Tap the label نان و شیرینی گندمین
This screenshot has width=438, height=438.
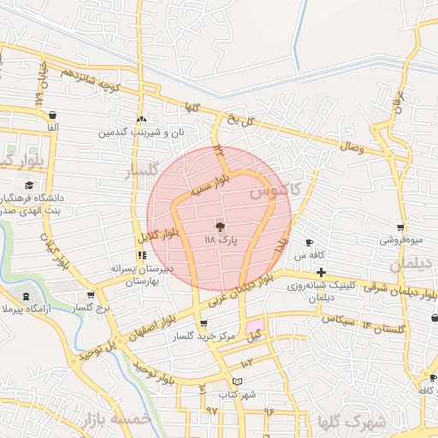pyautogui.click(x=141, y=132)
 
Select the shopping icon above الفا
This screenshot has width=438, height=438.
pyautogui.click(x=53, y=115)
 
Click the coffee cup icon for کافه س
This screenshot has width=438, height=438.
pyautogui.click(x=309, y=243)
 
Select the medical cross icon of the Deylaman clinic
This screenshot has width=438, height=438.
pyautogui.click(x=320, y=272)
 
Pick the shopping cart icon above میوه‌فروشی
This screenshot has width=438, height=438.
pyautogui.click(x=400, y=228)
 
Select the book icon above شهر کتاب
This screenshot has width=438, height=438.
pyautogui.click(x=237, y=381)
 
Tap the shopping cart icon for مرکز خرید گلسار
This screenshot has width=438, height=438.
pyautogui.click(x=203, y=323)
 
